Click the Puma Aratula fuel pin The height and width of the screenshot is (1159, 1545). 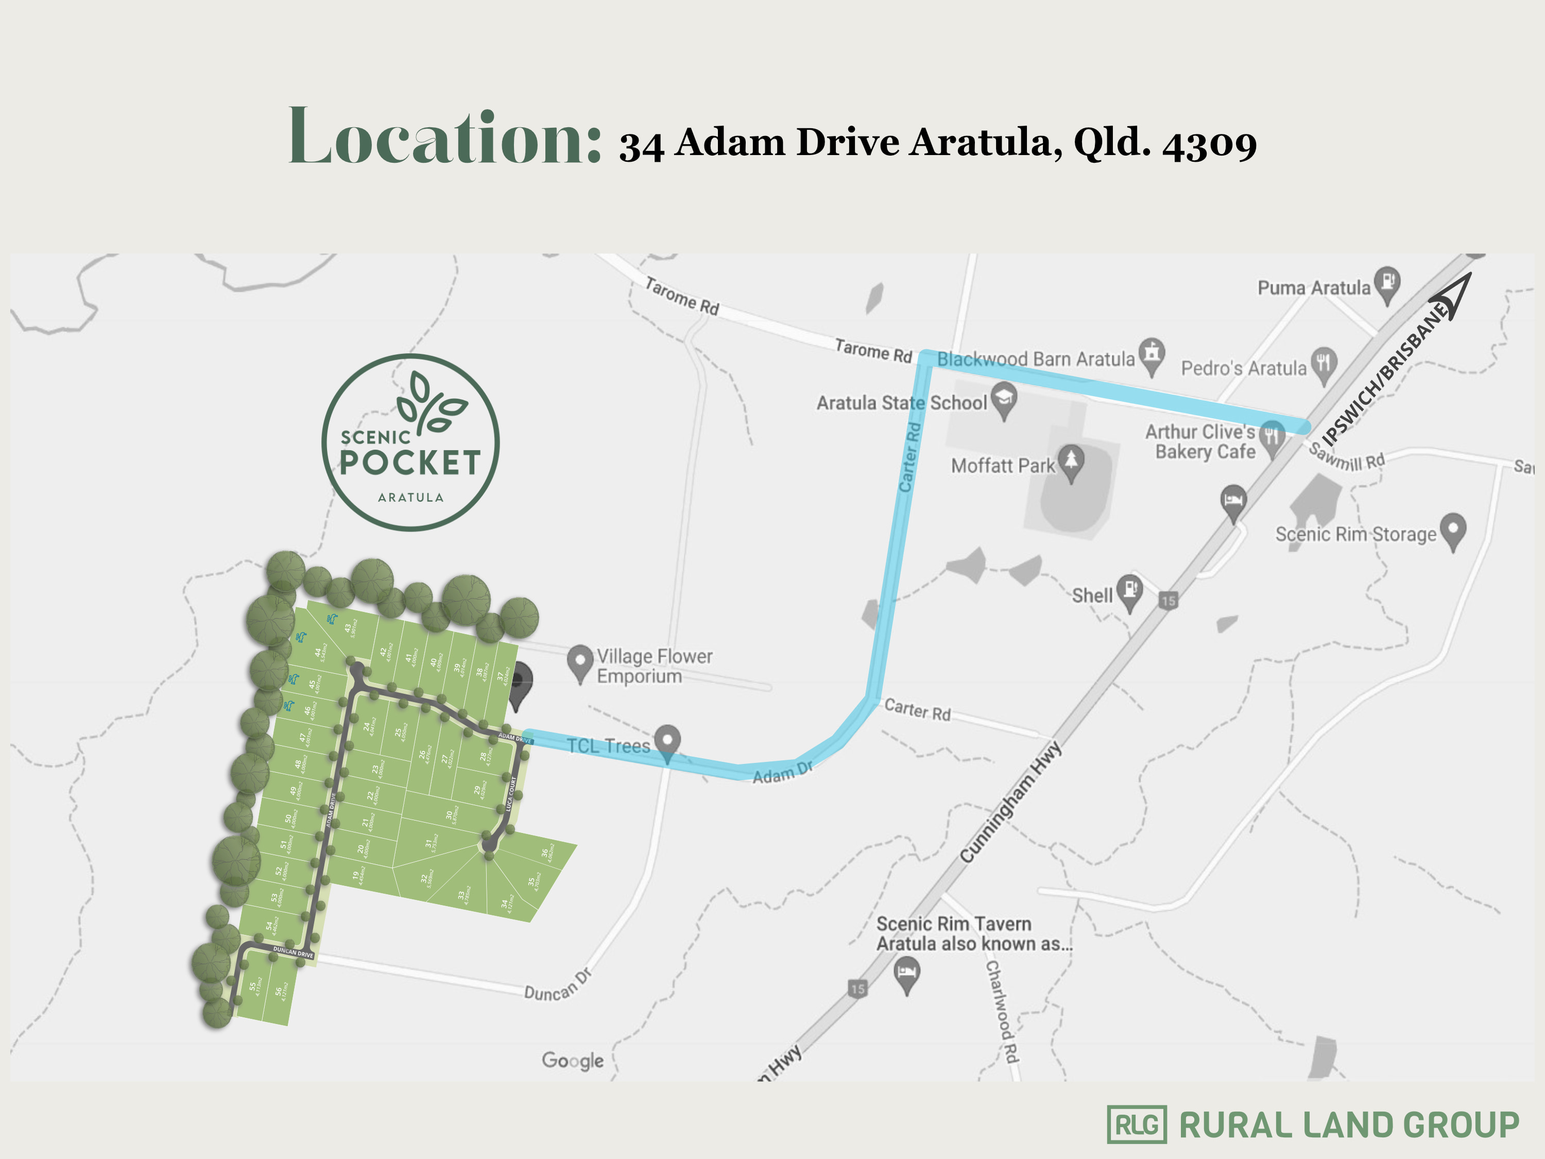click(1386, 283)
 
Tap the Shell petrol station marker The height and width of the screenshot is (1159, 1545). click(1129, 590)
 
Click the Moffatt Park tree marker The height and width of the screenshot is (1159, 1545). click(1071, 462)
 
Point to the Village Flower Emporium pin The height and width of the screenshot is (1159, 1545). click(579, 661)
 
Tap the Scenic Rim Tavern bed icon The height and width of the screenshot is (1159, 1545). click(906, 973)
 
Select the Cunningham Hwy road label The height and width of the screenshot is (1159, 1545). click(1010, 802)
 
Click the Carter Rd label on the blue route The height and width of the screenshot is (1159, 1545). click(909, 457)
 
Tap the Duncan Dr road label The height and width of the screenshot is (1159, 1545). click(557, 985)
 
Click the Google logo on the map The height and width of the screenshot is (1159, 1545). click(573, 1060)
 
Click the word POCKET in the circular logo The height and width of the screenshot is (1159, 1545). click(410, 463)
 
